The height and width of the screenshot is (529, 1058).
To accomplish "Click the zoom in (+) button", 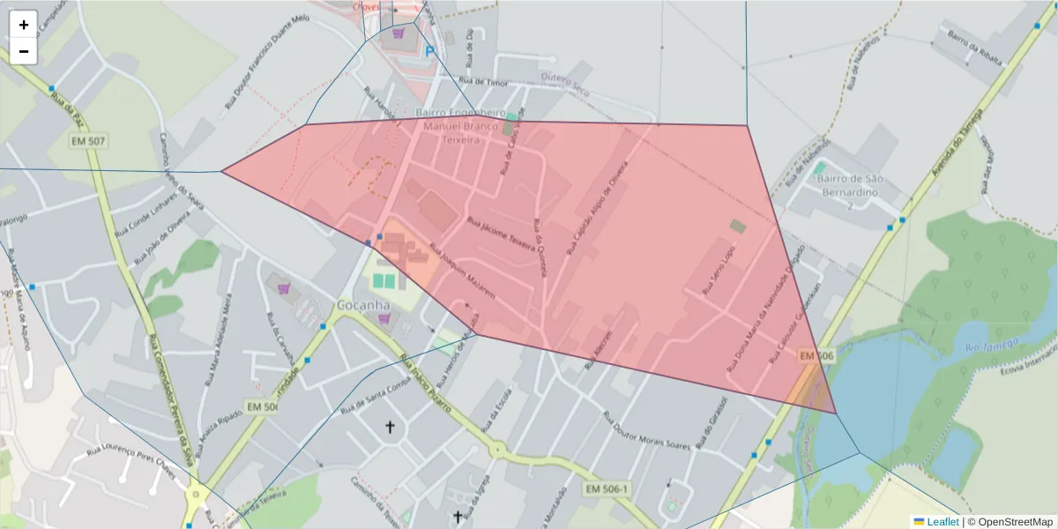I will pos(24,25).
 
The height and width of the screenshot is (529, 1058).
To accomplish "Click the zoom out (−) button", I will pos(24,51).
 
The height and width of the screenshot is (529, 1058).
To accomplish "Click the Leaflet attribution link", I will pos(942,522).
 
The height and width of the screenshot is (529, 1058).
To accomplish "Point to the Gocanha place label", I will pos(363,305).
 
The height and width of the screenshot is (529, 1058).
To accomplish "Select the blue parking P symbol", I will pos(430,52).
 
